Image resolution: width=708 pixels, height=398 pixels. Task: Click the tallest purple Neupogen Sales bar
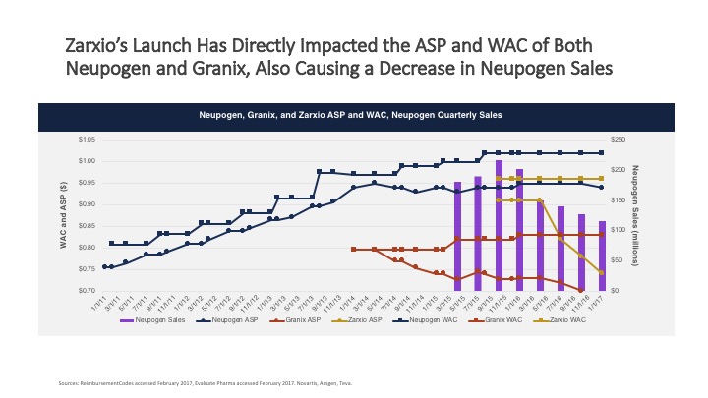click(x=500, y=225)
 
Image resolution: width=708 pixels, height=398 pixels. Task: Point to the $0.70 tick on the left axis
click(x=87, y=291)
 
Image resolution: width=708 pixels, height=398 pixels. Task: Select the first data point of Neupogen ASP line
click(x=105, y=267)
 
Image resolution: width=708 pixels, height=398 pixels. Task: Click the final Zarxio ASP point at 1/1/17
click(x=602, y=272)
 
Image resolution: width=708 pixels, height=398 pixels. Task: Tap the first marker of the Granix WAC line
click(x=353, y=250)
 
